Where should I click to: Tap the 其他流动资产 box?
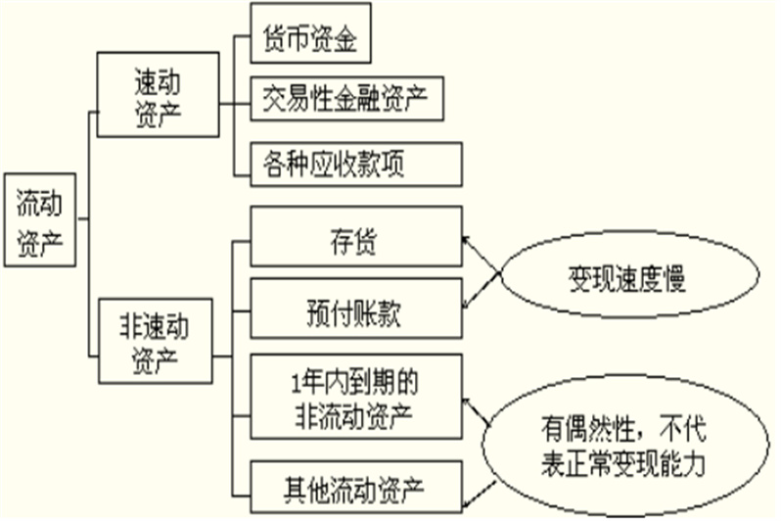coord(355,485)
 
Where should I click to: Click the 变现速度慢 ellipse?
coord(623,280)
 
